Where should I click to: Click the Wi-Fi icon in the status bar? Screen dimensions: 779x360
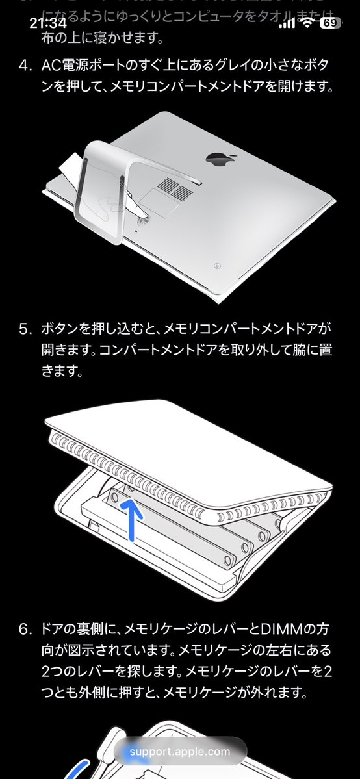[306, 23]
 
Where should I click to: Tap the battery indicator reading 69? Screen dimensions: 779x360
[329, 23]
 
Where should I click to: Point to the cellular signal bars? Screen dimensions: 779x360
[286, 24]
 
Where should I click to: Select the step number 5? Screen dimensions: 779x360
[25, 329]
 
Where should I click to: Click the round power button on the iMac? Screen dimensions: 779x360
[216, 265]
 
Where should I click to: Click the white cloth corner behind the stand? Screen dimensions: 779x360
[70, 167]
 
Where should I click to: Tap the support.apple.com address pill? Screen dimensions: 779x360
[179, 752]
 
